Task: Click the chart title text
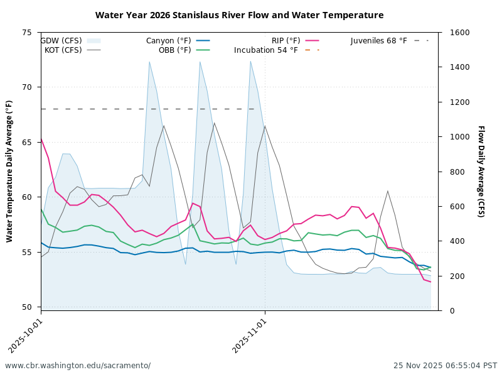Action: point(239,15)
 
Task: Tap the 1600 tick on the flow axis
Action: point(452,33)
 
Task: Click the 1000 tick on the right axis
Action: point(452,137)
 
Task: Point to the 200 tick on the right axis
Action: point(450,276)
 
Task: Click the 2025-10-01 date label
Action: point(26,335)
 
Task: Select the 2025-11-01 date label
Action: point(250,335)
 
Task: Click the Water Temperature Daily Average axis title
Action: point(10,171)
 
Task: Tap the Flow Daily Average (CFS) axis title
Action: point(481,171)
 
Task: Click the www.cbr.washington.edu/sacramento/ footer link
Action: point(78,366)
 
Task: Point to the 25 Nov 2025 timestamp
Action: point(445,366)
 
